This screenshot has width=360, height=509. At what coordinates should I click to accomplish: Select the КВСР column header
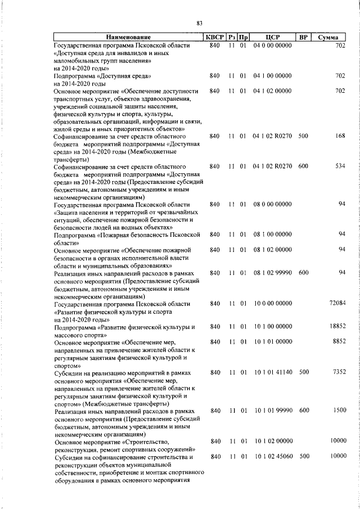[x=214, y=37]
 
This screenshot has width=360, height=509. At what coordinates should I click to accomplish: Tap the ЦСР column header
[x=272, y=37]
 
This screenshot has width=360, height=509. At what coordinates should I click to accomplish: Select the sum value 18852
[x=336, y=326]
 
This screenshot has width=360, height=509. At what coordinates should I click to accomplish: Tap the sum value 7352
[x=338, y=372]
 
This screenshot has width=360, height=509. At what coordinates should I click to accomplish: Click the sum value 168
[x=340, y=136]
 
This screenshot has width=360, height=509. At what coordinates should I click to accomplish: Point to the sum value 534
[x=340, y=167]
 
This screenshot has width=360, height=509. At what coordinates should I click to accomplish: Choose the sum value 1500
[x=338, y=411]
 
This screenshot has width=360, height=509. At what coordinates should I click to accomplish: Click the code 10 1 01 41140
[x=272, y=372]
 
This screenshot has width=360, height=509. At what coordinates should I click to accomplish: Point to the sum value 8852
[x=338, y=341]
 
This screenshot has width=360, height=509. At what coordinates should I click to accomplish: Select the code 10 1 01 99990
[x=272, y=411]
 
